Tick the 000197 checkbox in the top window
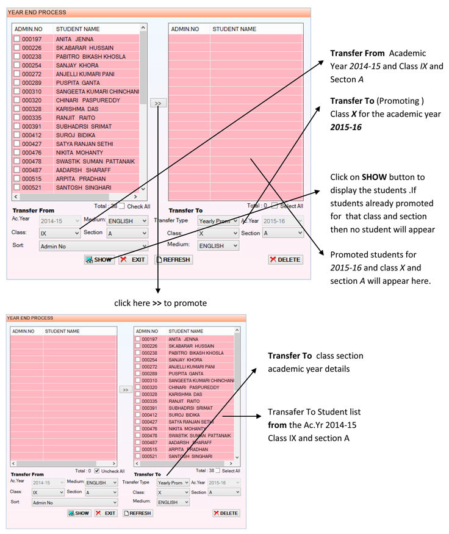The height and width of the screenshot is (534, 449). point(16,39)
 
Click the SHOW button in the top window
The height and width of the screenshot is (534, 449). point(99,259)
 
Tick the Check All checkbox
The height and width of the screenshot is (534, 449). point(121,206)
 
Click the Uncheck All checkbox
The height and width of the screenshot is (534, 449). point(97,471)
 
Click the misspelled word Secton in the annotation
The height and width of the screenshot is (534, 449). point(342,79)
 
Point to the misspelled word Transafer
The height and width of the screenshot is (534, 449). point(287,412)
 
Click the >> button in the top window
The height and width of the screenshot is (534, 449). point(158,103)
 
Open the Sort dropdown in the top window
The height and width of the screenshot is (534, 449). point(93,246)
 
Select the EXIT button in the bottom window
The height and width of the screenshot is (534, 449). point(106,513)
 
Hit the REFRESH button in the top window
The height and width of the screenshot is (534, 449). point(174,259)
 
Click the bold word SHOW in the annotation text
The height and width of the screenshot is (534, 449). point(374,177)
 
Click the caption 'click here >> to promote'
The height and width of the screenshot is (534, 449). point(160,303)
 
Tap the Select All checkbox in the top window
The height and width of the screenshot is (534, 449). point(275,206)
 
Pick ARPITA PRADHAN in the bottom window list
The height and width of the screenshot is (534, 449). point(189,449)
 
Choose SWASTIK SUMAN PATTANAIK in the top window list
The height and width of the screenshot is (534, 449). point(95,161)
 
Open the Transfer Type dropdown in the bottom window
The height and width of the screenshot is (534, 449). point(173,483)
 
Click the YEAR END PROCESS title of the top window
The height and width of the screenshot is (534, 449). point(37,12)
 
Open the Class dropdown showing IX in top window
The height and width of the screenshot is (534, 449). point(60,233)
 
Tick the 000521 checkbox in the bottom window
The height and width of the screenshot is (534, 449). point(138,456)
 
